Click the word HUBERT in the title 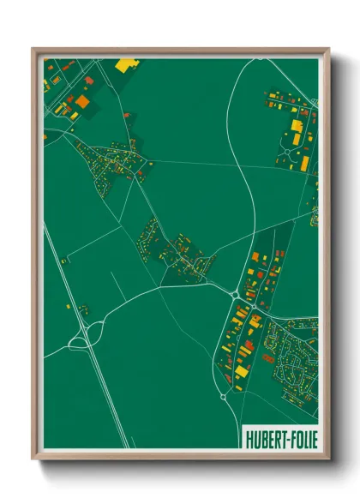pyautogui.click(x=264, y=437)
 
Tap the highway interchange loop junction pyautogui.click(x=81, y=340)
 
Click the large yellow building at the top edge pyautogui.click(x=126, y=63)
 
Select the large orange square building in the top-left pyautogui.click(x=82, y=101)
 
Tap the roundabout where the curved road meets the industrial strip pyautogui.click(x=235, y=295)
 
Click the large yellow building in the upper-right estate pyautogui.click(x=297, y=126)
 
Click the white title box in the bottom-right pyautogui.click(x=279, y=437)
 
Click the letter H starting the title pyautogui.click(x=249, y=437)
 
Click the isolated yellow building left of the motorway pyautogui.click(x=82, y=309)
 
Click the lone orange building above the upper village pyautogui.click(x=127, y=115)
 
